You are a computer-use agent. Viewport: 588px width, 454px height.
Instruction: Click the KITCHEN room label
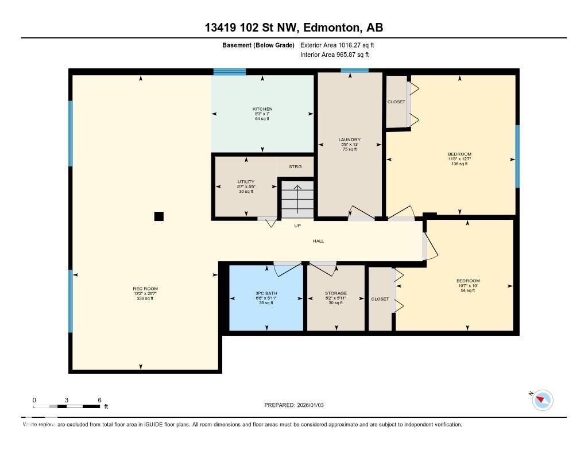pos(262,109)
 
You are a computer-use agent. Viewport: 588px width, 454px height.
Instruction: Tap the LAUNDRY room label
pos(349,139)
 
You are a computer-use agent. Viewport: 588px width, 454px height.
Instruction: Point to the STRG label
pos(295,167)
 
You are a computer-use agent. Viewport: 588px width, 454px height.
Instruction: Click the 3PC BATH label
pos(266,293)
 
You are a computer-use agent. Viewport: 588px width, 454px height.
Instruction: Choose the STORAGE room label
pos(335,293)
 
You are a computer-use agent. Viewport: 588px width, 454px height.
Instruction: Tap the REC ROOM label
pos(145,289)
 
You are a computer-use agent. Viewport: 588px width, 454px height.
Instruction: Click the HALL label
pos(318,241)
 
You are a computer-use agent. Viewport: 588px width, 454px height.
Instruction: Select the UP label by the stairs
pos(297,226)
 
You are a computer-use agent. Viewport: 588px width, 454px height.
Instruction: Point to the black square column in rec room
pos(159,216)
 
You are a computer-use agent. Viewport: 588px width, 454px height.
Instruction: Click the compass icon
pos(542,400)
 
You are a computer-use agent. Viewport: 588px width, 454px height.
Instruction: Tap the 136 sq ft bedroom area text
pos(459,164)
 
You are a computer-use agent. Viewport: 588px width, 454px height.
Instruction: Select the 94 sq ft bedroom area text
pos(467,290)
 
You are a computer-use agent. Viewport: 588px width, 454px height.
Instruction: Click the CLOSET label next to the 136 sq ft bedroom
pos(396,102)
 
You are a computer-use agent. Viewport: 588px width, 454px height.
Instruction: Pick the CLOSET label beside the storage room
pos(380,299)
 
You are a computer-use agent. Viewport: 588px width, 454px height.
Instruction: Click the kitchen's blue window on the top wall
pos(230,72)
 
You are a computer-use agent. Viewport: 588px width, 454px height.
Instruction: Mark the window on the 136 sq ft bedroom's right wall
pos(517,156)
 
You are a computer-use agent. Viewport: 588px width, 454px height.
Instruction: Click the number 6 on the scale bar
pos(99,400)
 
